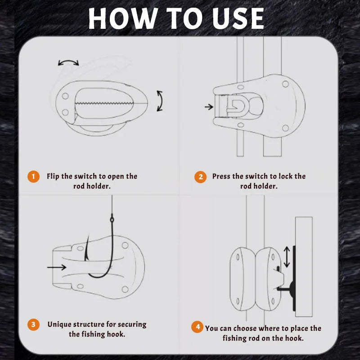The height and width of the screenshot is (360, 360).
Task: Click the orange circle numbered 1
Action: point(33,176)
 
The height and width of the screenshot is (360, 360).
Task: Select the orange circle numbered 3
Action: point(33,324)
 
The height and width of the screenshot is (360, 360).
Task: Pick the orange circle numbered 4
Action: point(197,327)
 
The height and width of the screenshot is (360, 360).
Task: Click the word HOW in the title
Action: point(121,18)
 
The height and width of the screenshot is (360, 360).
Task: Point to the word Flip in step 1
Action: point(54,176)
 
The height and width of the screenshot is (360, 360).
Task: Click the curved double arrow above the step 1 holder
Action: point(68,63)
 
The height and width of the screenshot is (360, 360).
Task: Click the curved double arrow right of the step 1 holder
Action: point(160,100)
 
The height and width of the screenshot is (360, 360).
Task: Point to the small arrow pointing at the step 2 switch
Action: point(208,107)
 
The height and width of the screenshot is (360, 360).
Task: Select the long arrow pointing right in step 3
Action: point(56,267)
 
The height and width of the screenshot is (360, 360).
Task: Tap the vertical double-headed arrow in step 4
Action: point(287,257)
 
